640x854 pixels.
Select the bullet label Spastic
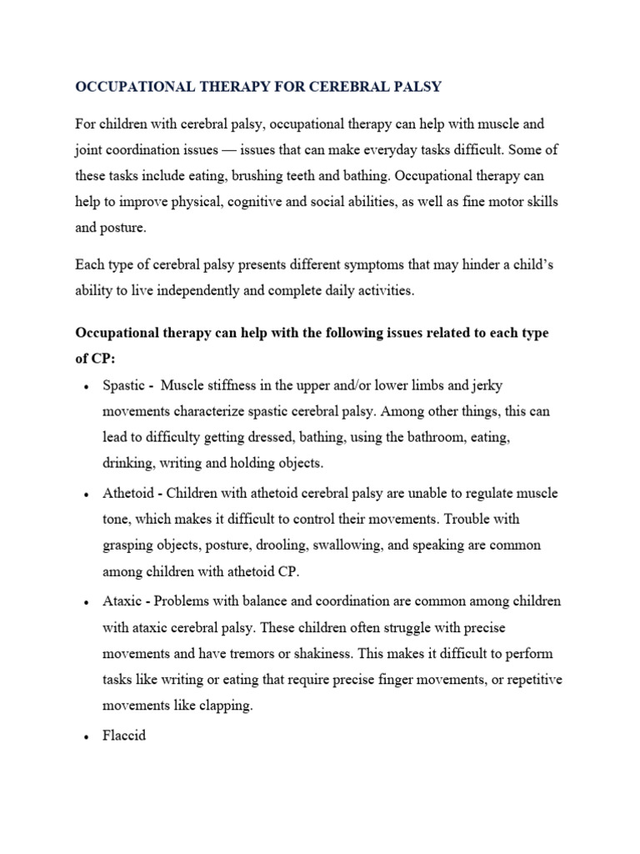click(125, 385)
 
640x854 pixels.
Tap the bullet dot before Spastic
click(87, 387)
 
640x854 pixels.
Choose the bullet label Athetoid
click(129, 493)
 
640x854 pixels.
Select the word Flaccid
click(124, 736)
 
